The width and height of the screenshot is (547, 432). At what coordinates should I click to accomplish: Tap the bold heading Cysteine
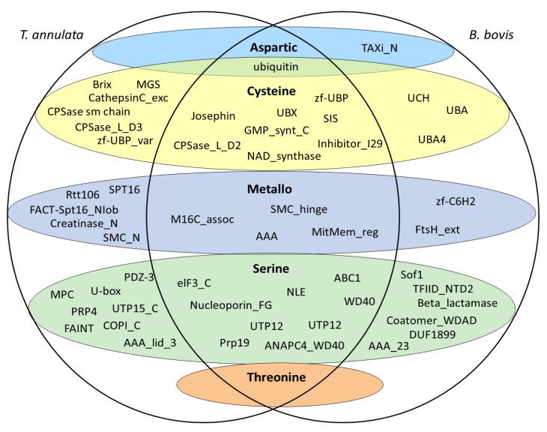272,91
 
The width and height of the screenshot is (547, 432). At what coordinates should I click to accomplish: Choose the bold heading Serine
272,268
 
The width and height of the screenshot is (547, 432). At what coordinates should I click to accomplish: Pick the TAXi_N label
380,48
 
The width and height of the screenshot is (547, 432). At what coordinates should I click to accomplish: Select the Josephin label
213,115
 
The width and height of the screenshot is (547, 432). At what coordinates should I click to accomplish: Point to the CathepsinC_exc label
133,97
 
